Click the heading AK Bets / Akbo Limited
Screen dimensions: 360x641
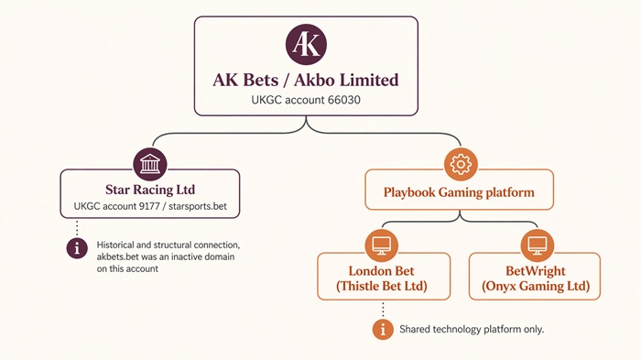coord(305,80)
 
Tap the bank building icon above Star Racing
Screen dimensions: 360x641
coord(149,164)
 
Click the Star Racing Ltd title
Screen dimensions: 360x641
coord(149,190)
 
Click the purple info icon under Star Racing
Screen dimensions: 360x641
coord(78,246)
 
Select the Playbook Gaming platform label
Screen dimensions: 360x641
coord(460,193)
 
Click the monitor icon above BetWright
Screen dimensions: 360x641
coord(536,245)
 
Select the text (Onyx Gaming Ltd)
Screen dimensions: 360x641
coord(536,286)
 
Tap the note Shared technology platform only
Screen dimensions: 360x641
coord(472,328)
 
